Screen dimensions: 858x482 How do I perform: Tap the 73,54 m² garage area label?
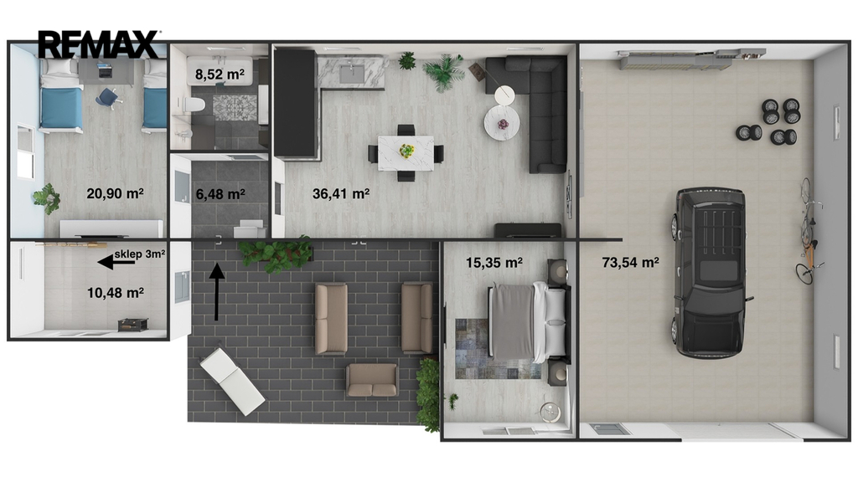(x=630, y=263)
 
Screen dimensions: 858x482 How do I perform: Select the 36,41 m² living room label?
(x=341, y=194)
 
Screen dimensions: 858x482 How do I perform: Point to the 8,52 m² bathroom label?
(x=220, y=74)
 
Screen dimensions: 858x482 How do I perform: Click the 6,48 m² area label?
(x=220, y=194)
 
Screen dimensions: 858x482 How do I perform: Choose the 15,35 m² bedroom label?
(x=494, y=263)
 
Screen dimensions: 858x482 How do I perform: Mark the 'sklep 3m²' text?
(x=140, y=254)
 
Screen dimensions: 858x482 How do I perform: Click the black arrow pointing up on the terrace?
(x=217, y=292)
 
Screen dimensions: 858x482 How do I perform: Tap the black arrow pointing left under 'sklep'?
(x=116, y=263)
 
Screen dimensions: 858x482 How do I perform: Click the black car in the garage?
(x=710, y=272)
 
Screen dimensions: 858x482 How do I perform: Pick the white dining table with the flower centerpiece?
(x=406, y=153)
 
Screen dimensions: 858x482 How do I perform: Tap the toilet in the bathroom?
(x=193, y=103)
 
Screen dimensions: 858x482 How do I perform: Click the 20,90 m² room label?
(x=115, y=193)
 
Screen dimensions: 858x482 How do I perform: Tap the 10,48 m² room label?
(x=116, y=294)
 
